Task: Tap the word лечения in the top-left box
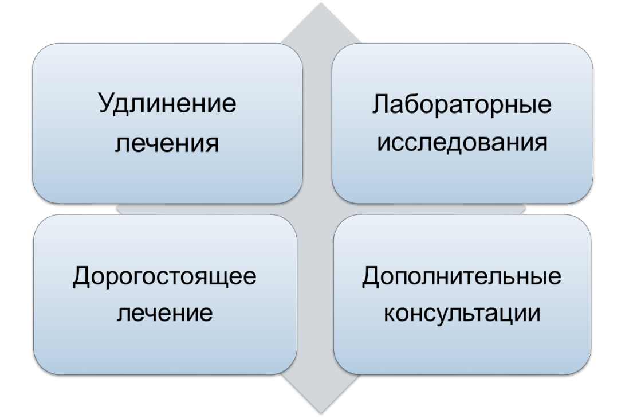tap(167, 143)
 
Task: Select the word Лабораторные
tap(462, 106)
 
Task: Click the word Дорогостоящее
tap(164, 277)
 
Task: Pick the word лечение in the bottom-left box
tap(164, 313)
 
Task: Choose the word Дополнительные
tap(462, 277)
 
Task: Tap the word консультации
tap(462, 314)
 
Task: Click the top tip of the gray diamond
tap(321, 3)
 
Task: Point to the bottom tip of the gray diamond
tap(321, 414)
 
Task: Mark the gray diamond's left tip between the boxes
tap(117, 209)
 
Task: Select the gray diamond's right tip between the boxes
tap(525, 209)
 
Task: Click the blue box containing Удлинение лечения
tap(167, 124)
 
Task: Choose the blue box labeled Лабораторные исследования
tap(462, 124)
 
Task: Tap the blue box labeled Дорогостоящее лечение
tap(165, 295)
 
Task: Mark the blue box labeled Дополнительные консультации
tap(462, 295)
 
